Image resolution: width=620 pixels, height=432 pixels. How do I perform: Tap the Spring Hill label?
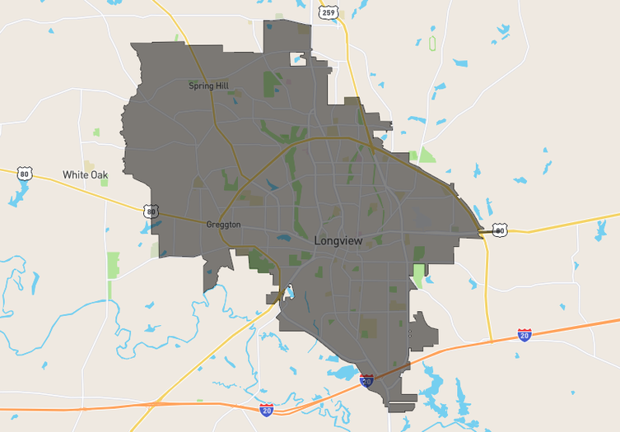point(208,86)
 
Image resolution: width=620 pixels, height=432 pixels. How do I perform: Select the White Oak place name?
point(86,175)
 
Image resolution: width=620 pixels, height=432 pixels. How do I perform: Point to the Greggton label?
point(223,224)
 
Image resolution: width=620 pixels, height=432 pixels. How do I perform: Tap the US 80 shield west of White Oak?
point(25,174)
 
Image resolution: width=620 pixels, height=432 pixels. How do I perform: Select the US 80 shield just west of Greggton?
point(150,211)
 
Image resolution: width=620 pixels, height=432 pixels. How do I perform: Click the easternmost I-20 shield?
point(524,334)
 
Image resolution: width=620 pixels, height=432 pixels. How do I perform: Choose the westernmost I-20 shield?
point(266,409)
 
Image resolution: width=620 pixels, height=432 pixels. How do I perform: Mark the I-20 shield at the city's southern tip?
point(366,380)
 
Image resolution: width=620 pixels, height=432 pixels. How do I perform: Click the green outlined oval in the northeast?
point(432,42)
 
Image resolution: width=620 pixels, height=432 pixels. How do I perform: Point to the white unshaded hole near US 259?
point(297,58)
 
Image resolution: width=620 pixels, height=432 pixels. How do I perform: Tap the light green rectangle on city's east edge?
point(419,276)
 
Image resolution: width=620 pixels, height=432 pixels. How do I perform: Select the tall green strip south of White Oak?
point(113,265)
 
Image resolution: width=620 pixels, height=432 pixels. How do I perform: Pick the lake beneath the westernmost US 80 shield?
point(18,195)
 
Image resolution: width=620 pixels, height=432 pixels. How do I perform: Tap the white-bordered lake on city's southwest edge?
point(288,292)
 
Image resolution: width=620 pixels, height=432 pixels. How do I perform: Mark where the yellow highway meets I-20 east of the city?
point(492,340)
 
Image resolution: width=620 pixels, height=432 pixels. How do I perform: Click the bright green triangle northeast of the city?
point(426,155)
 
